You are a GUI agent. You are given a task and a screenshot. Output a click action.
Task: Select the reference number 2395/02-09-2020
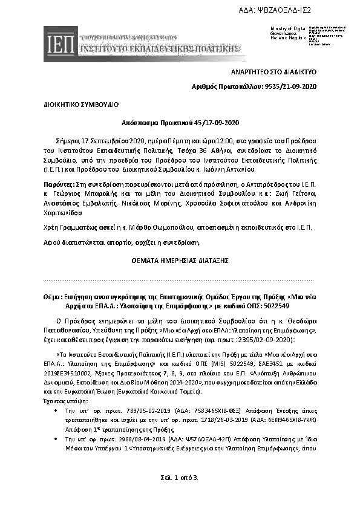pyautogui.click(x=283, y=340)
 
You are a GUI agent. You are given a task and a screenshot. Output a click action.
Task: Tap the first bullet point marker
pyautogui.click(x=56, y=409)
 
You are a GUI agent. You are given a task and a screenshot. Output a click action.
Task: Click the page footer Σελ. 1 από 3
pyautogui.click(x=180, y=478)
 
